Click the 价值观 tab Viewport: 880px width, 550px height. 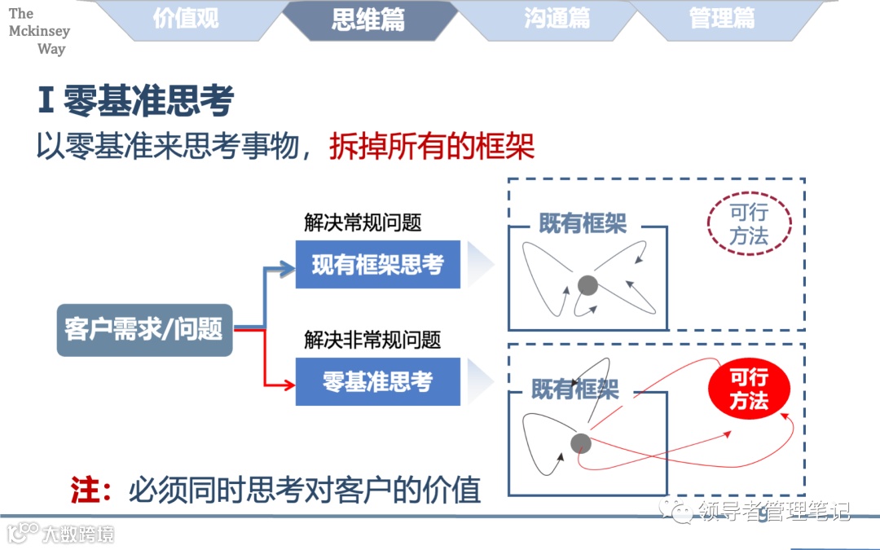(186, 19)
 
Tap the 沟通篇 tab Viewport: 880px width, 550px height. (557, 19)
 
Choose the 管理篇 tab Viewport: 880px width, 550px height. (722, 19)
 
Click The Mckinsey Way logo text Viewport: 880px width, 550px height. (38, 31)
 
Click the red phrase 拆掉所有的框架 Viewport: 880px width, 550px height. (432, 147)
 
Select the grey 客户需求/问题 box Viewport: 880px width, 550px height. (144, 329)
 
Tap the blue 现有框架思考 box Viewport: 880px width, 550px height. (377, 265)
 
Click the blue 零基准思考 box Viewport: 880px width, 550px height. (377, 381)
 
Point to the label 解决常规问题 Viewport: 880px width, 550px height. (363, 222)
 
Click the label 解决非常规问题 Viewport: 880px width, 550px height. (372, 340)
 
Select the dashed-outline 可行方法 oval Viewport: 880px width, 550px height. (749, 224)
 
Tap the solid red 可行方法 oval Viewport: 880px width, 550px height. (749, 389)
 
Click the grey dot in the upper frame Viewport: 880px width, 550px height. (587, 285)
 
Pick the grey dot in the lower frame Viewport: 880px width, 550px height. (580, 442)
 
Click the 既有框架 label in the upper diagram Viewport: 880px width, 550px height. (582, 224)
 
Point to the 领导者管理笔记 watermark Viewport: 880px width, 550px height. (774, 512)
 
